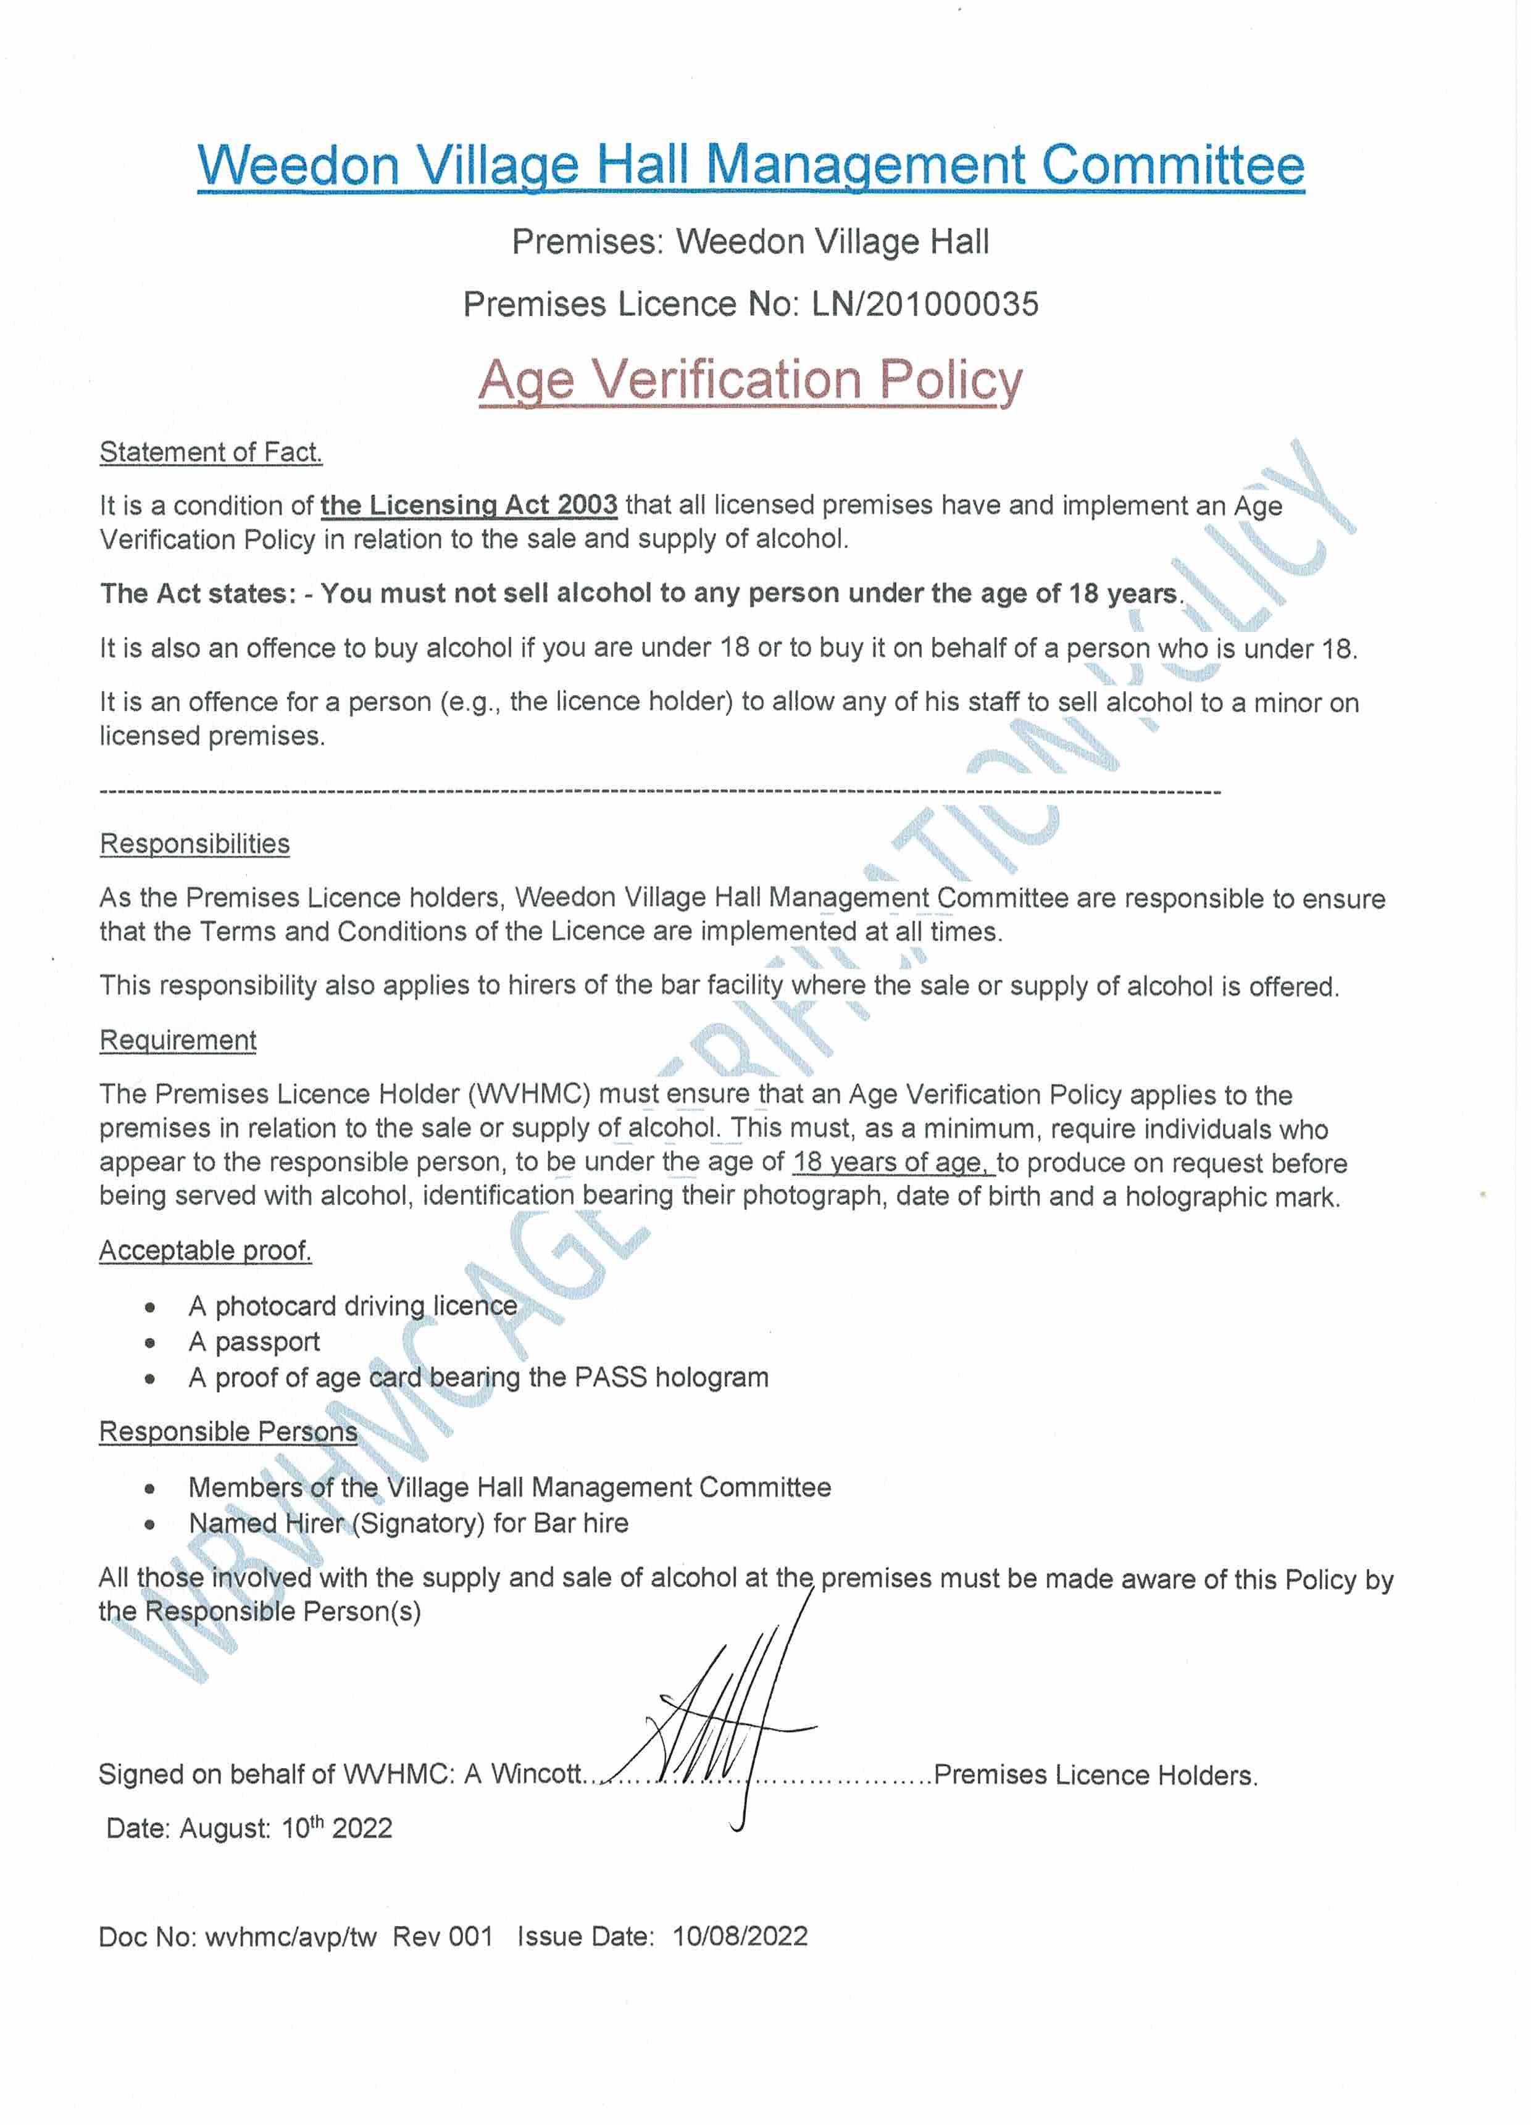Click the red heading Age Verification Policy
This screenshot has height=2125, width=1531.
(749, 380)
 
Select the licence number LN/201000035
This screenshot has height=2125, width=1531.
(925, 304)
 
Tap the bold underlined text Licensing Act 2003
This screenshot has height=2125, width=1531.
(469, 505)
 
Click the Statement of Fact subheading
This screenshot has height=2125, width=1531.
(211, 452)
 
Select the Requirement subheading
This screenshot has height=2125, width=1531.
(178, 1040)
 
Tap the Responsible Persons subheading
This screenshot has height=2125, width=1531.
(228, 1432)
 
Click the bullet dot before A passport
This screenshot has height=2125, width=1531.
(150, 1342)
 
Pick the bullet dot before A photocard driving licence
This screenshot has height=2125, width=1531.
(150, 1307)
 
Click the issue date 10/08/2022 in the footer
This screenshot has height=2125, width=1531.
(740, 1937)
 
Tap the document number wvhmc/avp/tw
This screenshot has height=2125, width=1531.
(291, 1937)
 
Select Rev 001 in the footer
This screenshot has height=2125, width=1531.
(442, 1937)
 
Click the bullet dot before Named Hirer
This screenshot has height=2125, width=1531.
(150, 1524)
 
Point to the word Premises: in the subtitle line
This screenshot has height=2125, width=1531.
(586, 242)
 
